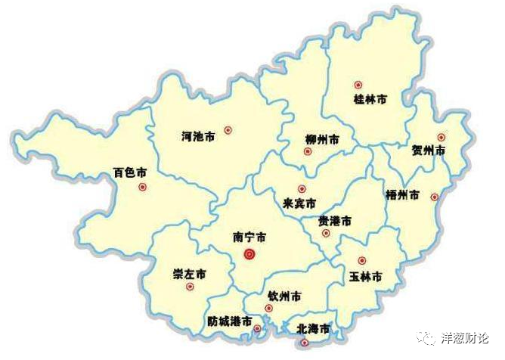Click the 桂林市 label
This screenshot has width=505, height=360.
click(371, 99)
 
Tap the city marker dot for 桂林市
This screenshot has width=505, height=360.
click(358, 85)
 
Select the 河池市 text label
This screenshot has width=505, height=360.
click(199, 136)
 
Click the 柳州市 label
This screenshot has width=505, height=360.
click(322, 140)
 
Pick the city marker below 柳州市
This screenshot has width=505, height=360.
click(308, 151)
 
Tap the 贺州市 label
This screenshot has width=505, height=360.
click(429, 151)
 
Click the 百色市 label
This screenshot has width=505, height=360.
click(129, 172)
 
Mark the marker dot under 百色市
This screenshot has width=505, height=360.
click(142, 187)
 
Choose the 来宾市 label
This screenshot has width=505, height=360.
click(299, 203)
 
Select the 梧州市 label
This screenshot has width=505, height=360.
click(402, 194)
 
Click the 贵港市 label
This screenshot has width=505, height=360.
click(334, 221)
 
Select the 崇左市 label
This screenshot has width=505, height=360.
click(190, 273)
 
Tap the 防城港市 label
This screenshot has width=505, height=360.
click(229, 321)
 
